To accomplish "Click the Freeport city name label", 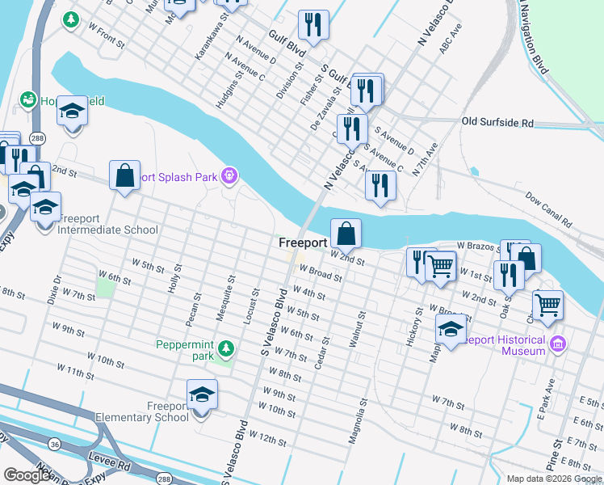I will [x=303, y=242].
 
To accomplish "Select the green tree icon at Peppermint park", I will [x=227, y=348].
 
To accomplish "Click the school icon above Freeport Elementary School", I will [x=202, y=395].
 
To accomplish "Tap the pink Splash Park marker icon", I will [x=230, y=175].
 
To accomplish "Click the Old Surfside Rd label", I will [x=497, y=123].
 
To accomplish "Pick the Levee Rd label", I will [x=111, y=466].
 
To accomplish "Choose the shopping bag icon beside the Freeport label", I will [x=345, y=234].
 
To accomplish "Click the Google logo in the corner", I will [x=27, y=475].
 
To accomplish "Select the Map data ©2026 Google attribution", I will [x=554, y=479].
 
